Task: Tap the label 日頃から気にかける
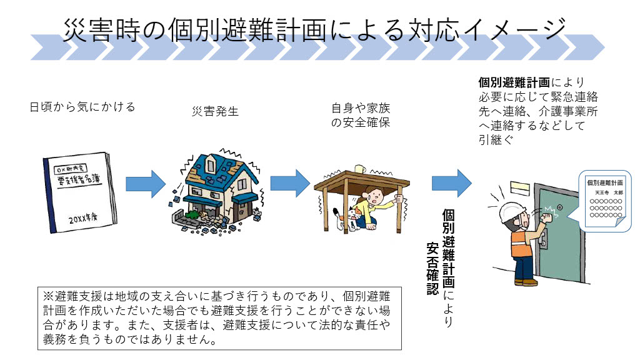[x=82, y=107]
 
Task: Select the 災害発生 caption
[x=214, y=112]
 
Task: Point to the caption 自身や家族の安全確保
[x=360, y=115]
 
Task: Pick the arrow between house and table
[x=289, y=182]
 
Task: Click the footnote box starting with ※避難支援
[x=219, y=318]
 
